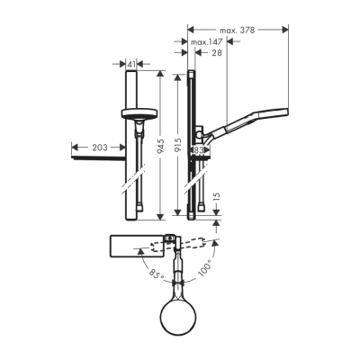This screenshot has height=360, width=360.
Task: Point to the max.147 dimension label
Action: pos(206,42)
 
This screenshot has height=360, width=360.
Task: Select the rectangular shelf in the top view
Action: pos(135,246)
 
